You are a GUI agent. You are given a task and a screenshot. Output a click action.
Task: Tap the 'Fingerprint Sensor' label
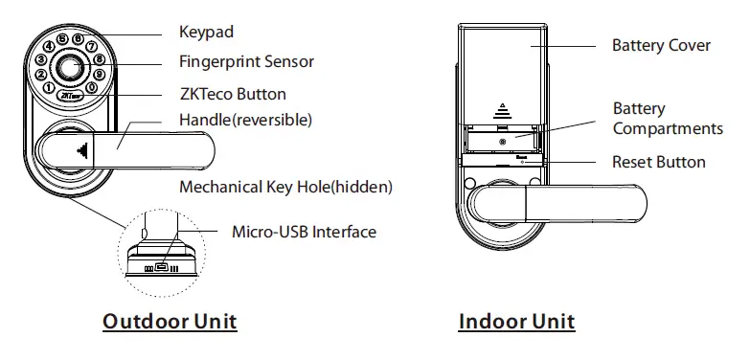[246, 62]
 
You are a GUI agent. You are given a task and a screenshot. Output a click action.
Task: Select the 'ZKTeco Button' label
[232, 95]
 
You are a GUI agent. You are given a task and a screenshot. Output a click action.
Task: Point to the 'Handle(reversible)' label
[245, 121]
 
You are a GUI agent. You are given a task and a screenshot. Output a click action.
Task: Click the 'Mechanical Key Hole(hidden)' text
[285, 185]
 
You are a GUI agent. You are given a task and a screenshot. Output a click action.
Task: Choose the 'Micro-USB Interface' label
[304, 232]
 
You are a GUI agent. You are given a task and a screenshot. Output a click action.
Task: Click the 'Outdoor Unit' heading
[169, 321]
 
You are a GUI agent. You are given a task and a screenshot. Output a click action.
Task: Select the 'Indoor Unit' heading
[517, 321]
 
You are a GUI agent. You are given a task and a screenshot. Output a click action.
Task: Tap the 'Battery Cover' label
[661, 46]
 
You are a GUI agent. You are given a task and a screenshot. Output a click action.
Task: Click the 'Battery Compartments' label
[667, 119]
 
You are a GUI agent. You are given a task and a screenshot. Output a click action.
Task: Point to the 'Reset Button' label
[658, 163]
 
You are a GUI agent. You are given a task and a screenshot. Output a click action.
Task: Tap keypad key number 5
[62, 39]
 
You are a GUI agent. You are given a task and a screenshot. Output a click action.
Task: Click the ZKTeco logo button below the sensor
[69, 97]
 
